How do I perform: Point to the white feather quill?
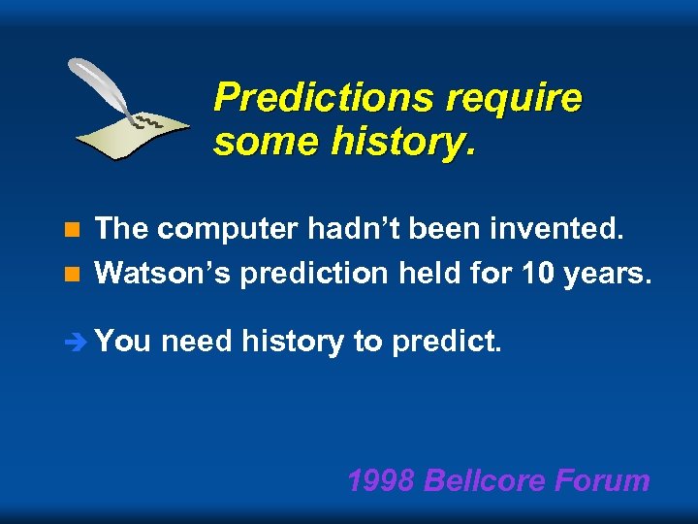(102, 86)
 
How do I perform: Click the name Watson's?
(163, 274)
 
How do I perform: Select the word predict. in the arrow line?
(447, 342)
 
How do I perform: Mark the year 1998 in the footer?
(381, 480)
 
